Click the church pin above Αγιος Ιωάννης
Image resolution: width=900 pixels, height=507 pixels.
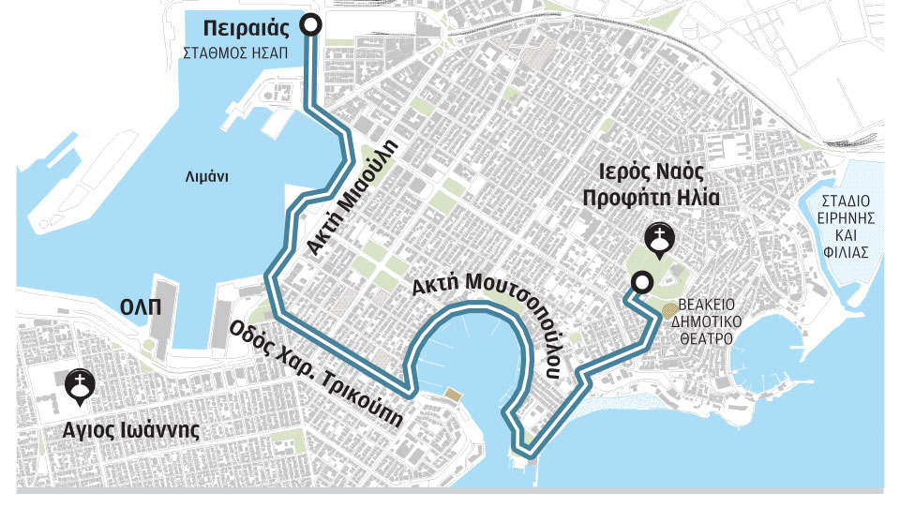point(78,387)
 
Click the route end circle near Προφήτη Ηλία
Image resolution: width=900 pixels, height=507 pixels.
point(642,281)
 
